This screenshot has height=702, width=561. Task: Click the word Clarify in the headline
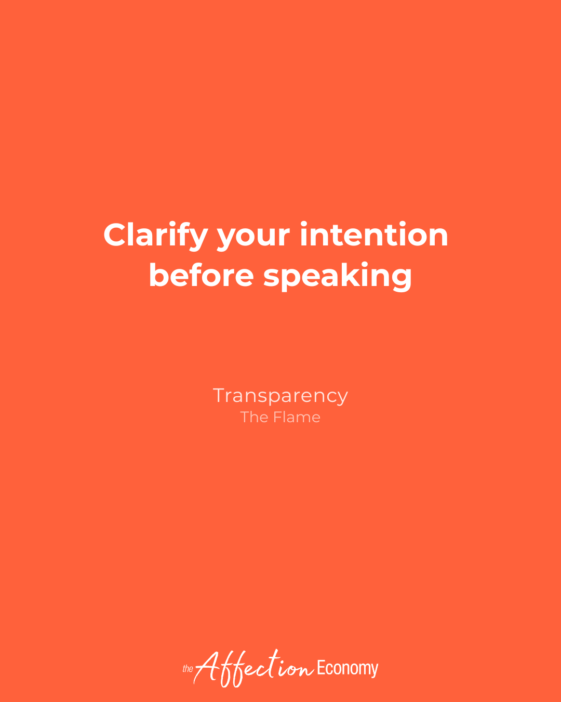pos(155,236)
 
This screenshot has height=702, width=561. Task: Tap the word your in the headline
pos(253,237)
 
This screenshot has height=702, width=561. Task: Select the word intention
pos(374,235)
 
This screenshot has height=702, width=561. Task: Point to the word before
pos(201,276)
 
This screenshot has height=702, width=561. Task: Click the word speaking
pos(338,277)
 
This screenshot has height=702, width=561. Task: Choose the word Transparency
pos(280,396)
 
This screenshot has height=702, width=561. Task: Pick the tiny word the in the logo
pos(188,669)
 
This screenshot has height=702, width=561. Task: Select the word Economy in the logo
pos(348,668)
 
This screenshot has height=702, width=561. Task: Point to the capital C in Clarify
pos(116,235)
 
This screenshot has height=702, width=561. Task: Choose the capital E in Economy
pos(320,668)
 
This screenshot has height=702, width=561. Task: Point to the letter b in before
pos(158,275)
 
